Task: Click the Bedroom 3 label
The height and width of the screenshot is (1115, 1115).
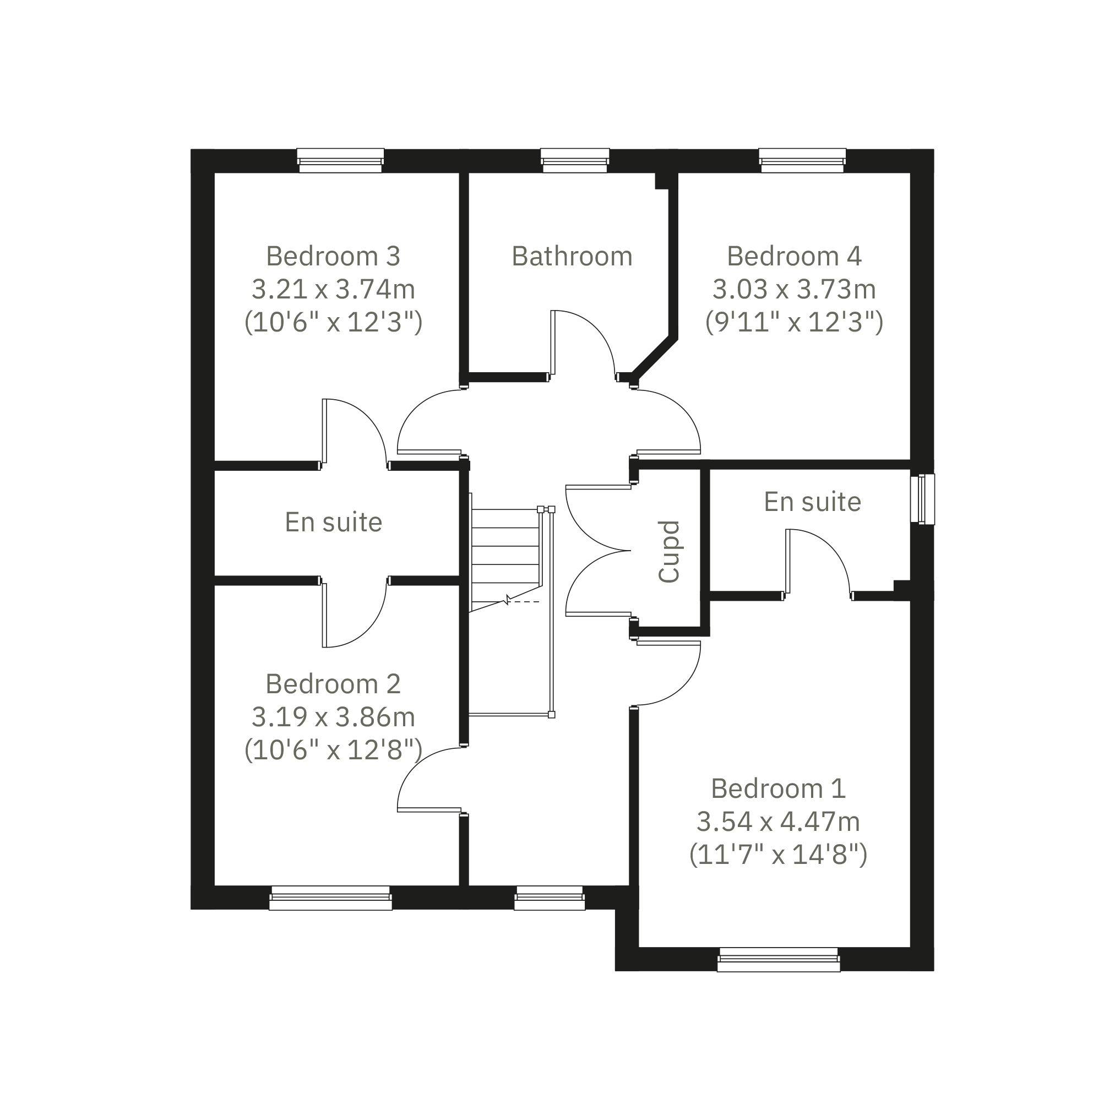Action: (x=333, y=256)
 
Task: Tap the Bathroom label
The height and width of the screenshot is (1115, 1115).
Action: (x=572, y=256)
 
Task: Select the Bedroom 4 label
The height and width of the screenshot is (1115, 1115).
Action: (x=794, y=256)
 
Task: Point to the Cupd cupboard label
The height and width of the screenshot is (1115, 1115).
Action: (x=670, y=552)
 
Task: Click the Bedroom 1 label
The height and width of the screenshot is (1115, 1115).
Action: (x=779, y=788)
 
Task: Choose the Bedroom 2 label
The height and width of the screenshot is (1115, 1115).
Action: (x=333, y=684)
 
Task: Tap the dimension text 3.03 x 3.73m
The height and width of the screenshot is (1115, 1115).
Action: (x=794, y=289)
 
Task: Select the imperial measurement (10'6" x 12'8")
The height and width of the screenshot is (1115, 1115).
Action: (x=334, y=750)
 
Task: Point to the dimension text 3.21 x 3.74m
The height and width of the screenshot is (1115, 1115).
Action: (x=334, y=289)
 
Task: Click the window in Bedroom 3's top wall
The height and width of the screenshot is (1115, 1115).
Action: (x=340, y=160)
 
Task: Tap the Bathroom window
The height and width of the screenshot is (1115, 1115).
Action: (x=575, y=160)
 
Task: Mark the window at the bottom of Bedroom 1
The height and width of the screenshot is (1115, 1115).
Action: (x=779, y=959)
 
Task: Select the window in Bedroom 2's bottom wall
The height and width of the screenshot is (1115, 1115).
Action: (x=331, y=898)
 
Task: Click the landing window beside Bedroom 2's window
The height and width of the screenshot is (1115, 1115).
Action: (x=550, y=898)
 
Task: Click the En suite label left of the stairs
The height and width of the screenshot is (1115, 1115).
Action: (x=334, y=523)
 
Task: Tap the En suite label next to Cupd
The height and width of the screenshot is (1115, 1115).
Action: (x=813, y=502)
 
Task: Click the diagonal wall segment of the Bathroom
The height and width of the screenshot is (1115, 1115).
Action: (x=655, y=357)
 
